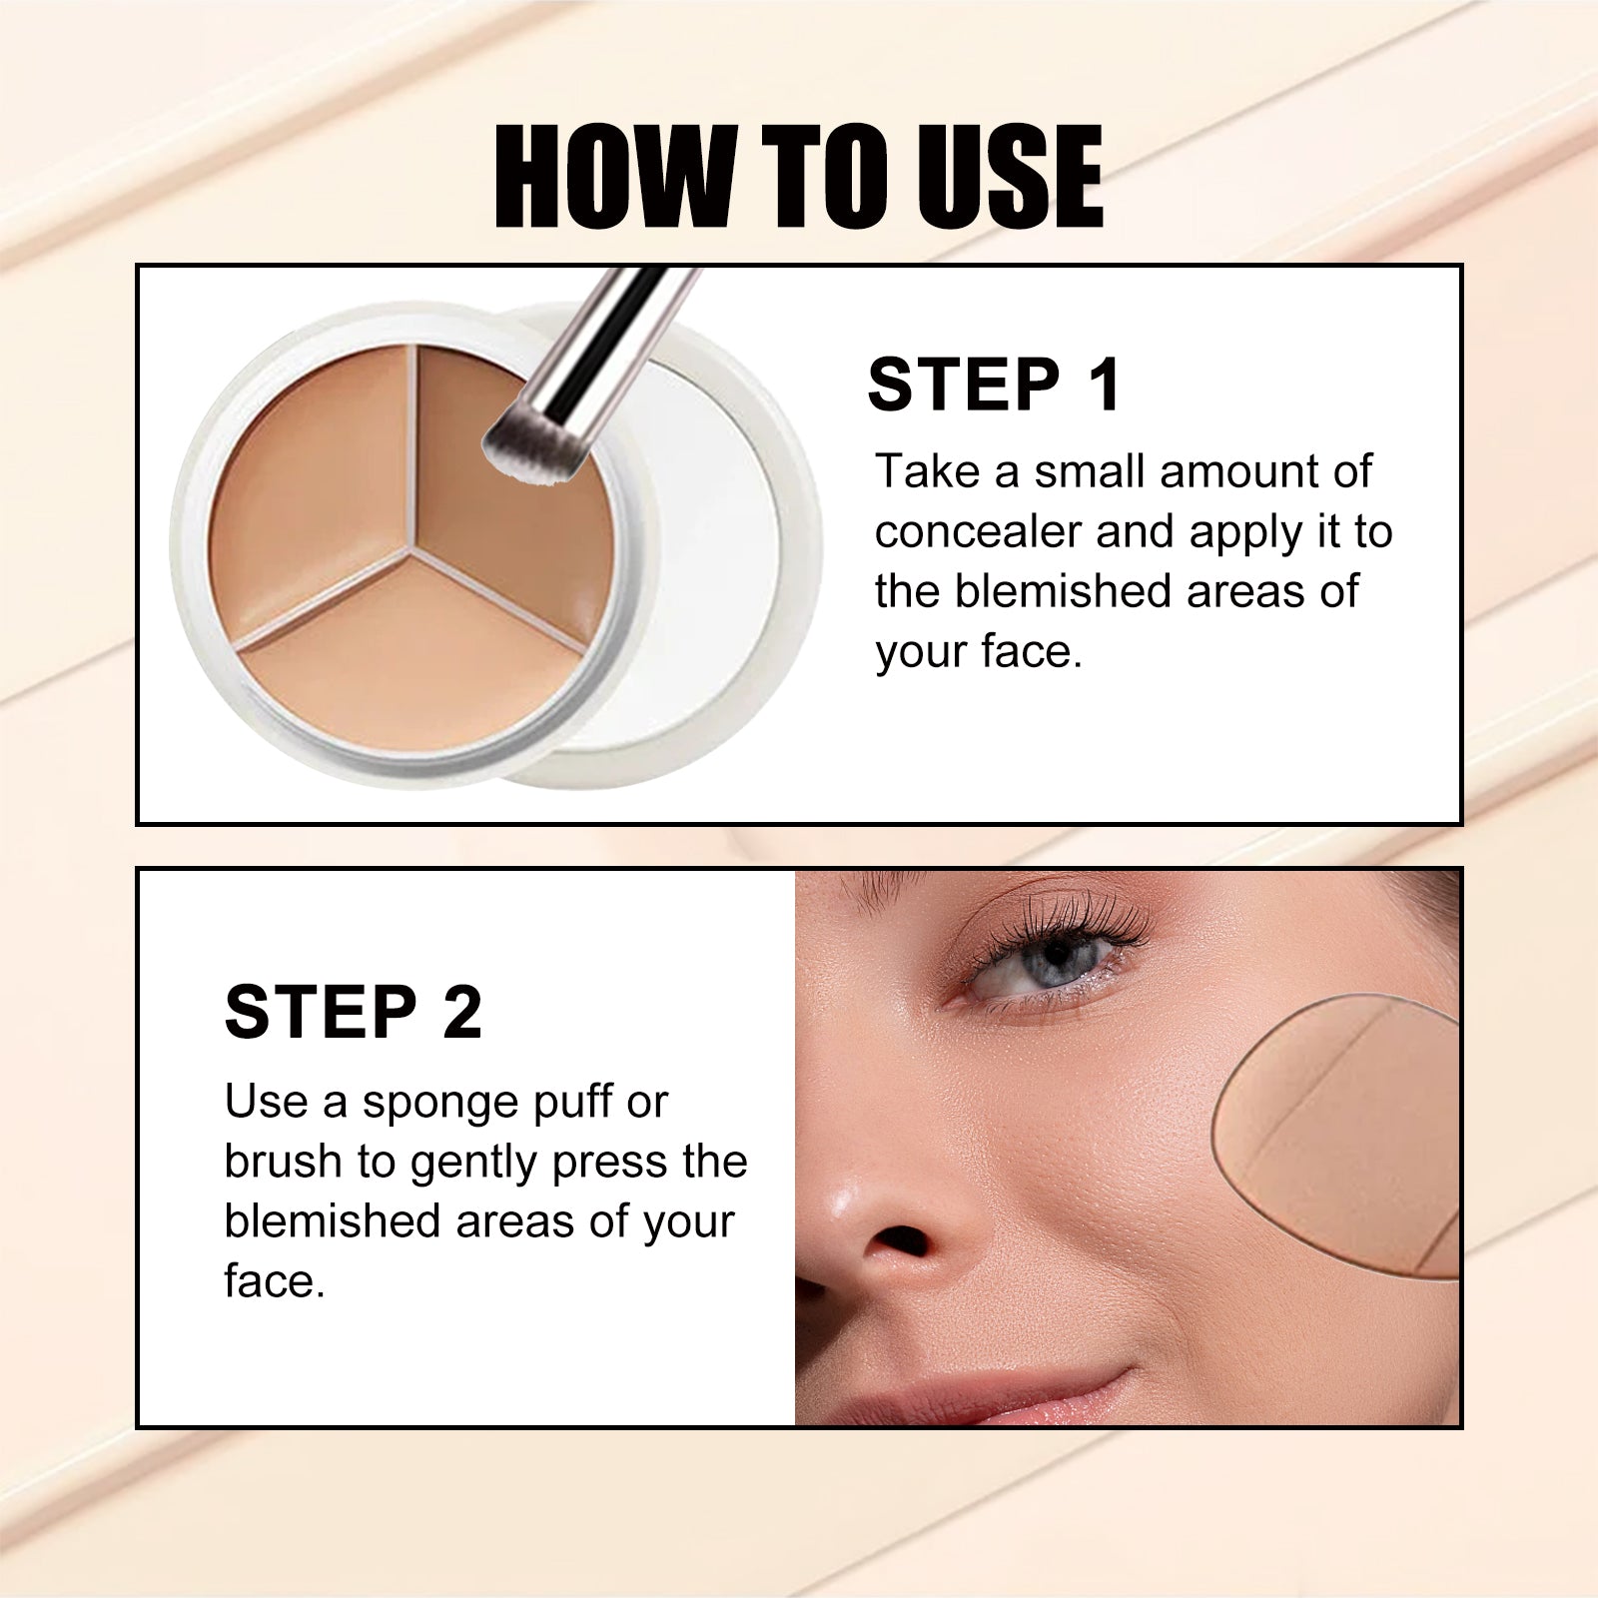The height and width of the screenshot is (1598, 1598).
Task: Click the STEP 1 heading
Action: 995,385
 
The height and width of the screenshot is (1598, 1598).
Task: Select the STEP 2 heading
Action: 354,1013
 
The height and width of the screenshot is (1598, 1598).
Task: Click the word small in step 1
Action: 1088,471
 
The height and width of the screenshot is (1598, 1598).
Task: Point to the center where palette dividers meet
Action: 416,545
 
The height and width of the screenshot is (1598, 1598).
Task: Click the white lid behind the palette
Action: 719,559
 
